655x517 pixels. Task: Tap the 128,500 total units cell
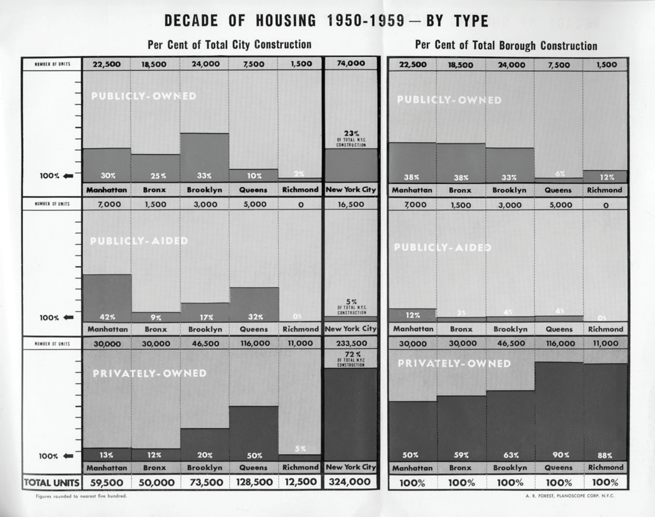[x=254, y=482]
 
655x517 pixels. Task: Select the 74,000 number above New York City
[x=351, y=63]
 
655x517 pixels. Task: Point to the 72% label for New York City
[x=351, y=354]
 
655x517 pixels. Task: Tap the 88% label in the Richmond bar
[x=605, y=455]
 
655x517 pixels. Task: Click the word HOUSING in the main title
[x=286, y=21]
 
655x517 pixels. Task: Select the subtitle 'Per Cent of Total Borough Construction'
[x=506, y=45]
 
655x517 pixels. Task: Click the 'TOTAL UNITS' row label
[x=52, y=482]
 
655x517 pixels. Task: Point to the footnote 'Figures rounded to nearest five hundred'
[x=81, y=496]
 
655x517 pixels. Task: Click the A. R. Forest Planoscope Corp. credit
[x=570, y=496]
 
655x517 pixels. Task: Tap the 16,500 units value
[x=351, y=204]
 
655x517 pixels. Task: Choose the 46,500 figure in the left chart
[x=205, y=344]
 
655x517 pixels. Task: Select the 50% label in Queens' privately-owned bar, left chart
[x=254, y=456]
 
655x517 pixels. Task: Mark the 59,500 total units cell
[x=106, y=482]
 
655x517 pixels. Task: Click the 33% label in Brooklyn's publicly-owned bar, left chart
[x=204, y=176]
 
